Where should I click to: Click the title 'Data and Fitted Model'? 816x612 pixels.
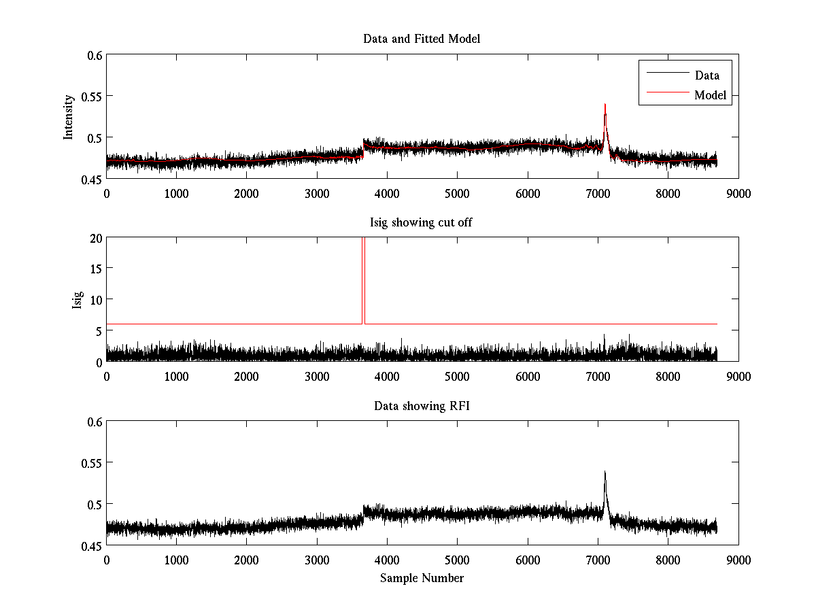pos(422,39)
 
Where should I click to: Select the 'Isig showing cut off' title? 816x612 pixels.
pos(422,222)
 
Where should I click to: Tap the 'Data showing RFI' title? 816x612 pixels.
pos(422,406)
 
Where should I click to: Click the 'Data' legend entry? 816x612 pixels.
pos(707,75)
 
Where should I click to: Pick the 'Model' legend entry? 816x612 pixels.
pos(710,95)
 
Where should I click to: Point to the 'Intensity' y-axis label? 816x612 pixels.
pos(68,117)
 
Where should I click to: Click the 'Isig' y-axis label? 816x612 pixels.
pos(77,300)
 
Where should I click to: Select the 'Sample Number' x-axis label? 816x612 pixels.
pos(422,578)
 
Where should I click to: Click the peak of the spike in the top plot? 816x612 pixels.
pos(605,105)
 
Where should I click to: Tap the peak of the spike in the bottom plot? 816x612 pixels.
pos(605,471)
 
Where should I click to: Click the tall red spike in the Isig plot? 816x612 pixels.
pos(363,272)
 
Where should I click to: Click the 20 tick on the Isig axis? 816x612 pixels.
pos(94,238)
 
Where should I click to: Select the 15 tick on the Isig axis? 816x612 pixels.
pos(94,269)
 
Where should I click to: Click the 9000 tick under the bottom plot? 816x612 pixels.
pos(738,560)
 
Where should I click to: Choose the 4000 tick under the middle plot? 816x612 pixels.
pos(387,376)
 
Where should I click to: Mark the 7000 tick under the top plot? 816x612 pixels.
pos(598,193)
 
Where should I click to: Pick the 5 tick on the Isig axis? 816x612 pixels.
pos(97,331)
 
